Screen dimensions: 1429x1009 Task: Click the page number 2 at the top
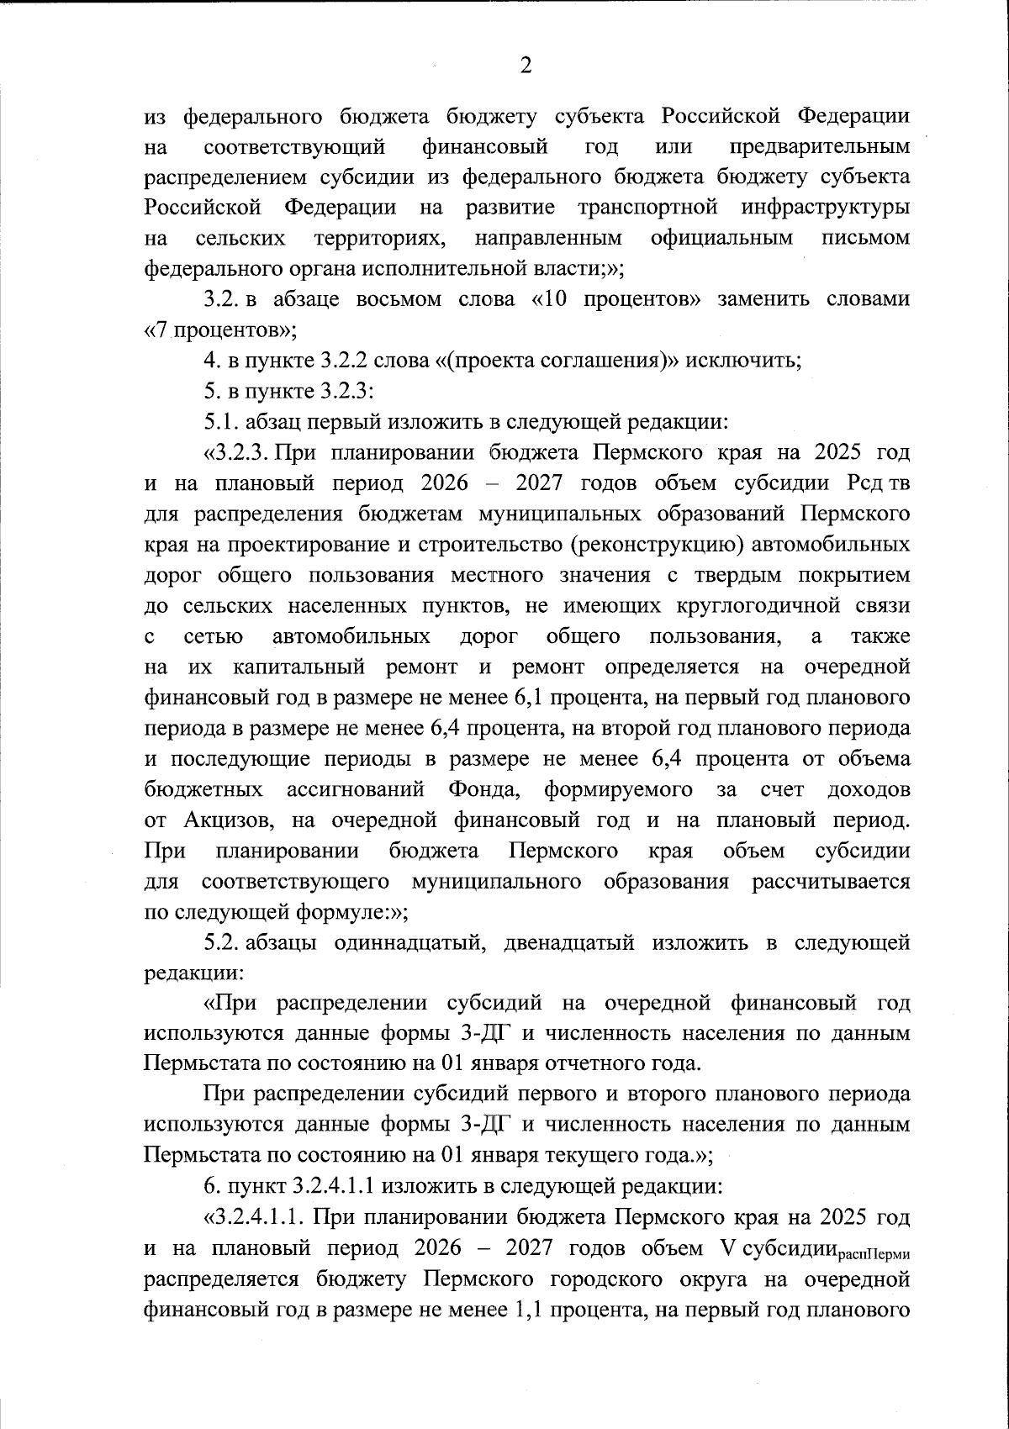coord(526,66)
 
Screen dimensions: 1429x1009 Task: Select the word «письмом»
coord(865,238)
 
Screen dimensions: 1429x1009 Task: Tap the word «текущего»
coord(589,1155)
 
